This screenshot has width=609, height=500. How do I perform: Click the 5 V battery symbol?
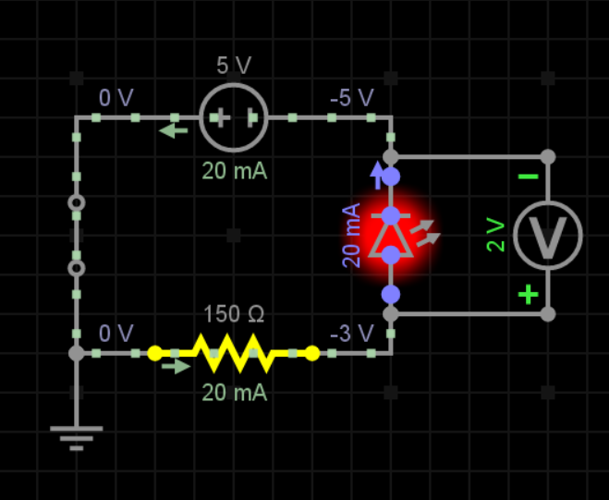tap(234, 117)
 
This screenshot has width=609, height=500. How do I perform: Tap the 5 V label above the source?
tap(234, 67)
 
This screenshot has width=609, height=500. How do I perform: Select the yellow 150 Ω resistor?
tap(234, 352)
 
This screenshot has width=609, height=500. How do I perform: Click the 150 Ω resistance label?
tap(234, 314)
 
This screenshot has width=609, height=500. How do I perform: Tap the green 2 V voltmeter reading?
tap(496, 235)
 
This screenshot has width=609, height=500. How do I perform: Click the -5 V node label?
tap(351, 98)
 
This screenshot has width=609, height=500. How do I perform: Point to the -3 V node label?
tap(351, 333)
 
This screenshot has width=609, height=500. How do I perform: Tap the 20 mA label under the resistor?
tap(234, 392)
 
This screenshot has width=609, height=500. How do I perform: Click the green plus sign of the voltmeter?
tap(528, 295)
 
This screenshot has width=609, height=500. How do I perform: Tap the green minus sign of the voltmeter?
tap(528, 177)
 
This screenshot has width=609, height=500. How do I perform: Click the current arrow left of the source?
tap(173, 130)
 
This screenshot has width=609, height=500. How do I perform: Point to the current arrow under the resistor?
tap(173, 365)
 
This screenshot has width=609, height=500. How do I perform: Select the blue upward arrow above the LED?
tap(376, 170)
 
